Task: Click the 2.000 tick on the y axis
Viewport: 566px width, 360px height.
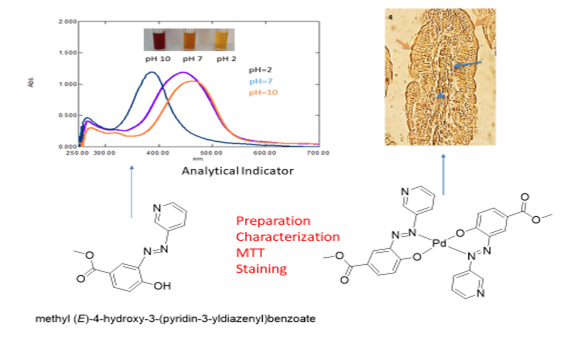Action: coord(39,21)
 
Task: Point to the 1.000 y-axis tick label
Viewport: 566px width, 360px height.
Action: coord(39,84)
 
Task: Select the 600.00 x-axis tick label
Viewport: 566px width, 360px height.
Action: coord(265,153)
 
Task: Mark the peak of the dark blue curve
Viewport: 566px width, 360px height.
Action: coord(151,72)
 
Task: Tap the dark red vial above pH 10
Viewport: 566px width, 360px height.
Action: coord(158,41)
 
